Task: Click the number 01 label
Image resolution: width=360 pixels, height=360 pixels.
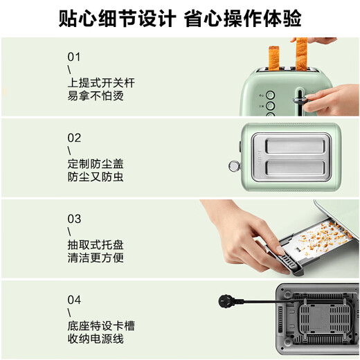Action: pos(74,56)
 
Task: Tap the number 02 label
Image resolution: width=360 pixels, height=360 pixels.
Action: pos(74,138)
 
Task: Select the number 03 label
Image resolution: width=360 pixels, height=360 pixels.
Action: pos(74,219)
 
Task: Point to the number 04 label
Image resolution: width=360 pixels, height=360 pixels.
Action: pos(74,300)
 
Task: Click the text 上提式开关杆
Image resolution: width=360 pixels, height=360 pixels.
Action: pos(101,83)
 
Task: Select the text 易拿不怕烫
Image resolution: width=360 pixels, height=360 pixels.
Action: pos(96,96)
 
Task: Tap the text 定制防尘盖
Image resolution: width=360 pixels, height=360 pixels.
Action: pos(96,164)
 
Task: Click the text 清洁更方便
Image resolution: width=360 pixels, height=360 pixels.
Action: pos(96,258)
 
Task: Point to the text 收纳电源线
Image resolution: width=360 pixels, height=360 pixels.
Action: pos(96,339)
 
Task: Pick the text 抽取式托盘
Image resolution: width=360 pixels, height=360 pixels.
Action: pos(96,245)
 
